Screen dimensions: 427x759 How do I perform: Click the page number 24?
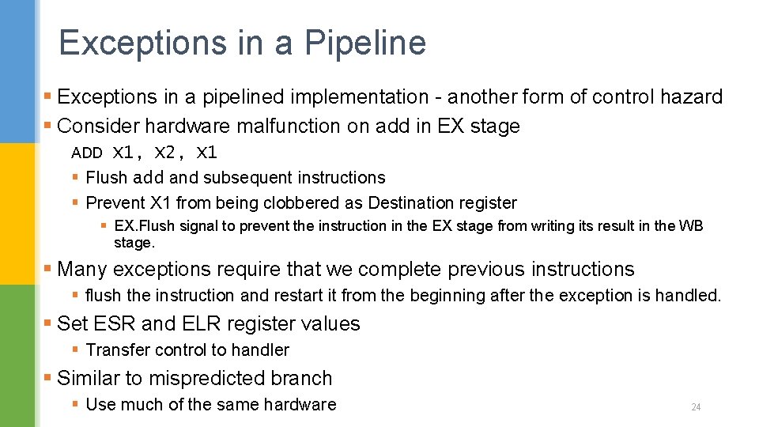point(696,407)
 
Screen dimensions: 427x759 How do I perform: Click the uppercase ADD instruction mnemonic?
point(87,153)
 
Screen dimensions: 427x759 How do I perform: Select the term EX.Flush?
point(145,226)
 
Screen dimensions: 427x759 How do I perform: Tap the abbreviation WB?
point(690,226)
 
